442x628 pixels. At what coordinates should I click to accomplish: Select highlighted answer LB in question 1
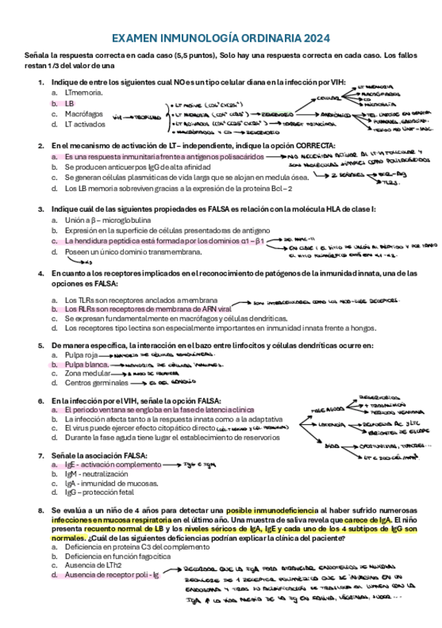70,104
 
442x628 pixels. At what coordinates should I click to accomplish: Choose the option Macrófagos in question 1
84,115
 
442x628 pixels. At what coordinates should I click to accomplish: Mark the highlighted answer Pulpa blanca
88,365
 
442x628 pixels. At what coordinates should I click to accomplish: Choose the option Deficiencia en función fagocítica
122,555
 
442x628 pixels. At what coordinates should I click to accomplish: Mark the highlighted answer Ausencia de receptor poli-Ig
112,575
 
